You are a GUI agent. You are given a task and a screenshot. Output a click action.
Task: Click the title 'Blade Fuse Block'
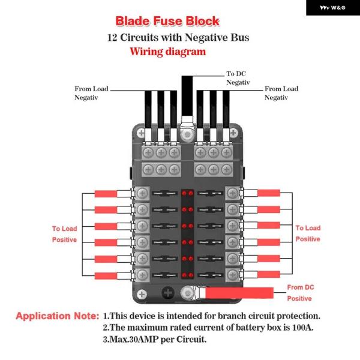click(167, 22)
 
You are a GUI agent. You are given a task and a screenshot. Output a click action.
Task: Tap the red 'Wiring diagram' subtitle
click(168, 52)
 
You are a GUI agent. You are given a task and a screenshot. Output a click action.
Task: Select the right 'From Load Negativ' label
click(281, 93)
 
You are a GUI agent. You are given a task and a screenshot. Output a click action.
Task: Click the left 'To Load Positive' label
click(64, 234)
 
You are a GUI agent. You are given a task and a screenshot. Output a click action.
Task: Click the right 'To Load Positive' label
click(308, 233)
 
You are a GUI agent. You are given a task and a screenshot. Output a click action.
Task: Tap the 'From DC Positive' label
click(300, 293)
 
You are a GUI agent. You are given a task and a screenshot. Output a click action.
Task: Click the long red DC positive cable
click(240, 292)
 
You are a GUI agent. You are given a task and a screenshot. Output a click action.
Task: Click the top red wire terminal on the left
click(110, 194)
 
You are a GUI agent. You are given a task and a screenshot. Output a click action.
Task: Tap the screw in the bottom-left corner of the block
click(142, 294)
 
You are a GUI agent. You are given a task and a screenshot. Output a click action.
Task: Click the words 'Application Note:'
click(57, 316)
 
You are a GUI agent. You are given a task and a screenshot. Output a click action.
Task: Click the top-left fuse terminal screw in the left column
click(143, 193)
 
